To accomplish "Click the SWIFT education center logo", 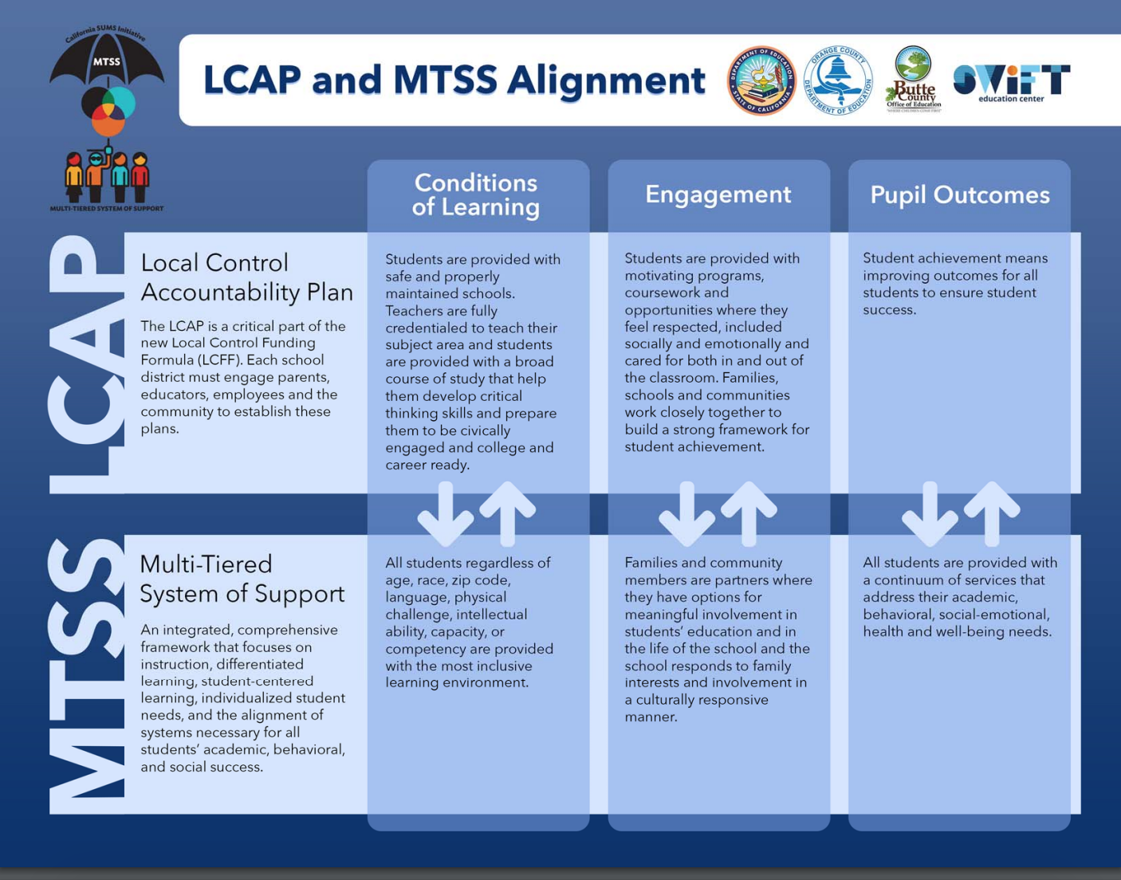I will click(1011, 82).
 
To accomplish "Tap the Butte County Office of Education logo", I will click(913, 80).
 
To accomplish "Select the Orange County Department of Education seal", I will click(837, 81).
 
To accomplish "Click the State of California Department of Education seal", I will click(761, 81).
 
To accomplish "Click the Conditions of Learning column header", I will click(476, 195).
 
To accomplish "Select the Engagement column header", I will click(718, 194).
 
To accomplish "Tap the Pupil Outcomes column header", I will click(959, 195).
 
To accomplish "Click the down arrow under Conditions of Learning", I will click(445, 513).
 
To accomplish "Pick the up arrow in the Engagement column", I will click(748, 512).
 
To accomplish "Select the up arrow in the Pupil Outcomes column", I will click(991, 512).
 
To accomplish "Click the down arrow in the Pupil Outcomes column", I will click(930, 513).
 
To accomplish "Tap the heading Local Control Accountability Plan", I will click(246, 277).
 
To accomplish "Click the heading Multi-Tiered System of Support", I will click(242, 579).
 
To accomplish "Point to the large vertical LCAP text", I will click(86, 364).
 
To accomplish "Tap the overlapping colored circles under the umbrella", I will click(108, 110).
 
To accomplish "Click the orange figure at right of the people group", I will click(140, 176).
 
